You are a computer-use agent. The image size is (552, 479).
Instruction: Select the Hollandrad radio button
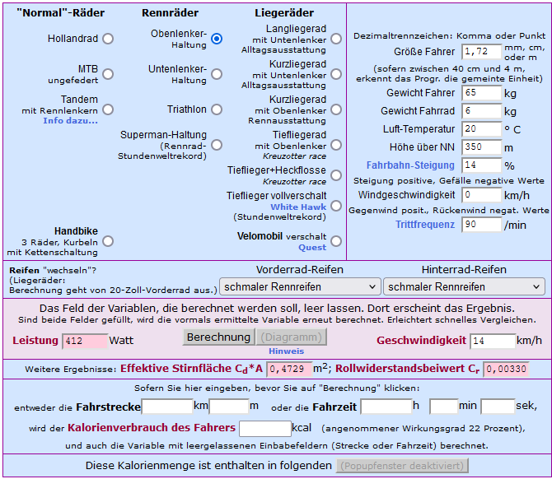click(108, 39)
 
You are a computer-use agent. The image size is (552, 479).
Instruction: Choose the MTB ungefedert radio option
click(108, 74)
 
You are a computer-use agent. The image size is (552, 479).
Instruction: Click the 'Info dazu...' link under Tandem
click(70, 121)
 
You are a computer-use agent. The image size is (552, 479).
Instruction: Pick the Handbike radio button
click(108, 241)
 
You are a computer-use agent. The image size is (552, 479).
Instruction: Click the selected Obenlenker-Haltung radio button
click(217, 39)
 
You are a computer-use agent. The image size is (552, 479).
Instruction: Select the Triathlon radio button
click(217, 109)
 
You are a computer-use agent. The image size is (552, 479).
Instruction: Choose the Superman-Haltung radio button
click(217, 145)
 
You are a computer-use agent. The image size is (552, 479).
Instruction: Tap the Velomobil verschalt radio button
click(336, 241)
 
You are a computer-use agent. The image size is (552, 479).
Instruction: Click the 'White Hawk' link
click(298, 207)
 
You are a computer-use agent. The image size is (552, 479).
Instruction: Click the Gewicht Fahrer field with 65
click(481, 93)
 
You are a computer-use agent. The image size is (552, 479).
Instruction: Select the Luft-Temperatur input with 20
click(481, 129)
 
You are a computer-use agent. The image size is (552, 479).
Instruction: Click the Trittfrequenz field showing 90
click(481, 225)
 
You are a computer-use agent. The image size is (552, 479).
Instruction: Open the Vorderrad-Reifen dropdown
click(299, 286)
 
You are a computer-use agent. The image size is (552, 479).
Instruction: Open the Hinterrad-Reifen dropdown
click(463, 286)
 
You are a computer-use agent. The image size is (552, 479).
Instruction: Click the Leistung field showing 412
click(85, 341)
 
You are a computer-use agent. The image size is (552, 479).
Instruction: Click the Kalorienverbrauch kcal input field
click(264, 428)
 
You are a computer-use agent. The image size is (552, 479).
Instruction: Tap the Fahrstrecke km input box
click(167, 407)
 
